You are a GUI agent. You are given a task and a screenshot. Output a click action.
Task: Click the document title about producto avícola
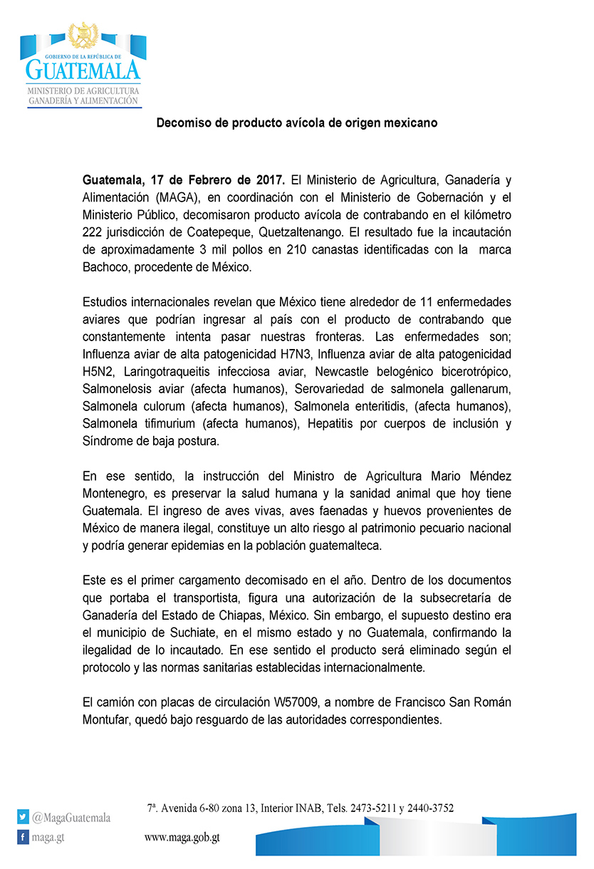pyautogui.click(x=297, y=123)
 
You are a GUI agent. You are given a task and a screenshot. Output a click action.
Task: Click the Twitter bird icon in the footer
pyautogui.click(x=24, y=817)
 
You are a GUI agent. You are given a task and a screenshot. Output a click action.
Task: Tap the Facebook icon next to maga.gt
pyautogui.click(x=24, y=837)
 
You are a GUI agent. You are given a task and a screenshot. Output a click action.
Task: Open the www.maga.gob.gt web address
pyautogui.click(x=182, y=838)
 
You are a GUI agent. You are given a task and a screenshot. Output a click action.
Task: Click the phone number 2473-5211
pyautogui.click(x=370, y=808)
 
